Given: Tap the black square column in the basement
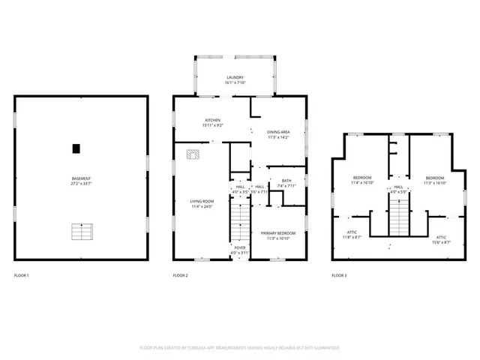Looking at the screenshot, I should click(x=76, y=148).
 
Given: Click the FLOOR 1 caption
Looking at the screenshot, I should click(x=22, y=276).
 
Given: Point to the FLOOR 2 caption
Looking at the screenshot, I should click(x=180, y=276).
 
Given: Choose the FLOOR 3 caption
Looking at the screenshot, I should click(x=339, y=276).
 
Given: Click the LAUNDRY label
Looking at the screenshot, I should click(x=236, y=77).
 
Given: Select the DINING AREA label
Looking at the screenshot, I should click(x=279, y=132).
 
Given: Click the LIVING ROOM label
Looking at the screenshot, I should click(x=202, y=201).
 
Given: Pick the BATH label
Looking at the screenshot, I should click(x=286, y=181).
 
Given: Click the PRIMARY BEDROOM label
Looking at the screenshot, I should click(x=277, y=233).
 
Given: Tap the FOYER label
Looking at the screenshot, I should click(x=240, y=247).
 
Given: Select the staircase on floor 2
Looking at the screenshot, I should click(x=239, y=222).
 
